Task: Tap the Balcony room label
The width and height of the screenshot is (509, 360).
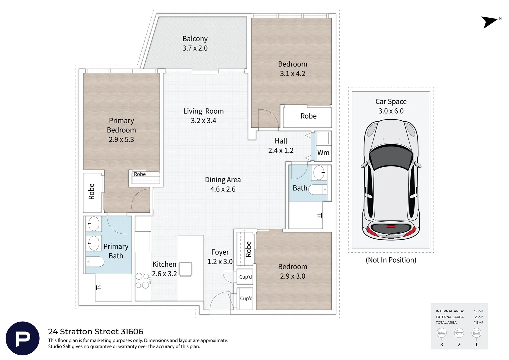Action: [x=195, y=39]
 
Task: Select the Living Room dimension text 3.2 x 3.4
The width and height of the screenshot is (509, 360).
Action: [x=204, y=121]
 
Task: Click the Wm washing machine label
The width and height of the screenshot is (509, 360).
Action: [x=323, y=153]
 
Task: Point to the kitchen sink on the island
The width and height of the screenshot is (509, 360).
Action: [x=186, y=269]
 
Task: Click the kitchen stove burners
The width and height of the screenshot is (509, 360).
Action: [x=143, y=281]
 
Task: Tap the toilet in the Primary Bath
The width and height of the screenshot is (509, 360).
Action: [x=95, y=262]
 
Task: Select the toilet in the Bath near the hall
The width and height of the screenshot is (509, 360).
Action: [x=318, y=189]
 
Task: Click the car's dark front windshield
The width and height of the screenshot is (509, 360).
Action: [x=391, y=157]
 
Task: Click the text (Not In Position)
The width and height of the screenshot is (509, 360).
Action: [x=391, y=260]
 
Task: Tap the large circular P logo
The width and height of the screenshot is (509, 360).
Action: [x=23, y=338]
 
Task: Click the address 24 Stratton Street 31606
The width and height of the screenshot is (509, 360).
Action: [x=96, y=332]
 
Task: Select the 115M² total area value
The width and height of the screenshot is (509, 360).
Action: [x=479, y=322]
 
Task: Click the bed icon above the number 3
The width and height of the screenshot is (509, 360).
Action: [x=441, y=333]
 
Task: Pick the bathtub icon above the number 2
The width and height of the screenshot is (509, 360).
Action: [x=459, y=333]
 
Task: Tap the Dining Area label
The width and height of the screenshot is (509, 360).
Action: [x=223, y=180]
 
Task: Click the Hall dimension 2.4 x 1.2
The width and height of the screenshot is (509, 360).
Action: [x=281, y=151]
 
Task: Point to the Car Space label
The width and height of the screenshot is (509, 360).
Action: [x=391, y=101]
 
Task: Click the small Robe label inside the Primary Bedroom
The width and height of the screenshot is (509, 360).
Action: [x=140, y=174]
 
